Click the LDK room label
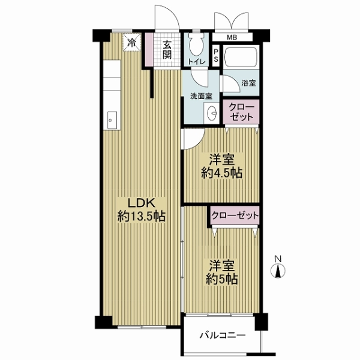(x=142, y=203)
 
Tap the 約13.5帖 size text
(x=142, y=216)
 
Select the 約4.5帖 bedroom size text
(x=222, y=173)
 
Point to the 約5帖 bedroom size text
(x=222, y=279)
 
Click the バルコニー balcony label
(x=223, y=335)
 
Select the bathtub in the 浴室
(x=241, y=58)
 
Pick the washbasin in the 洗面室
(x=212, y=113)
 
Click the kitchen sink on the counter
(x=112, y=120)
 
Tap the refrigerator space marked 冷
(x=131, y=42)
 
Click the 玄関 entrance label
(x=167, y=50)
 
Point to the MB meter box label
(x=232, y=37)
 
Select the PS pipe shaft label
(x=216, y=56)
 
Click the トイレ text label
(x=197, y=62)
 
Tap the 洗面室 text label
(x=201, y=96)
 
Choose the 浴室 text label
(x=248, y=83)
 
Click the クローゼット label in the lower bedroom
(x=235, y=215)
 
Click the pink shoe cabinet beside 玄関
(x=149, y=49)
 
